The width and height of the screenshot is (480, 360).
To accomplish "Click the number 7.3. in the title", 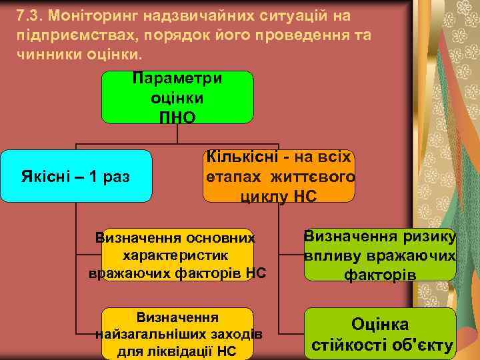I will (x=29, y=15).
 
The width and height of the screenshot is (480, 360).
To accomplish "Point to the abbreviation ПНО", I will (x=177, y=117).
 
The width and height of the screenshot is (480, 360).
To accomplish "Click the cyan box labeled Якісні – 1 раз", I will (x=76, y=177).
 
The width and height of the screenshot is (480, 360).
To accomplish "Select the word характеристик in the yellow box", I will (x=177, y=255).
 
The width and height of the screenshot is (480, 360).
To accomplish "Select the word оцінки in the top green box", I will (x=177, y=97).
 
